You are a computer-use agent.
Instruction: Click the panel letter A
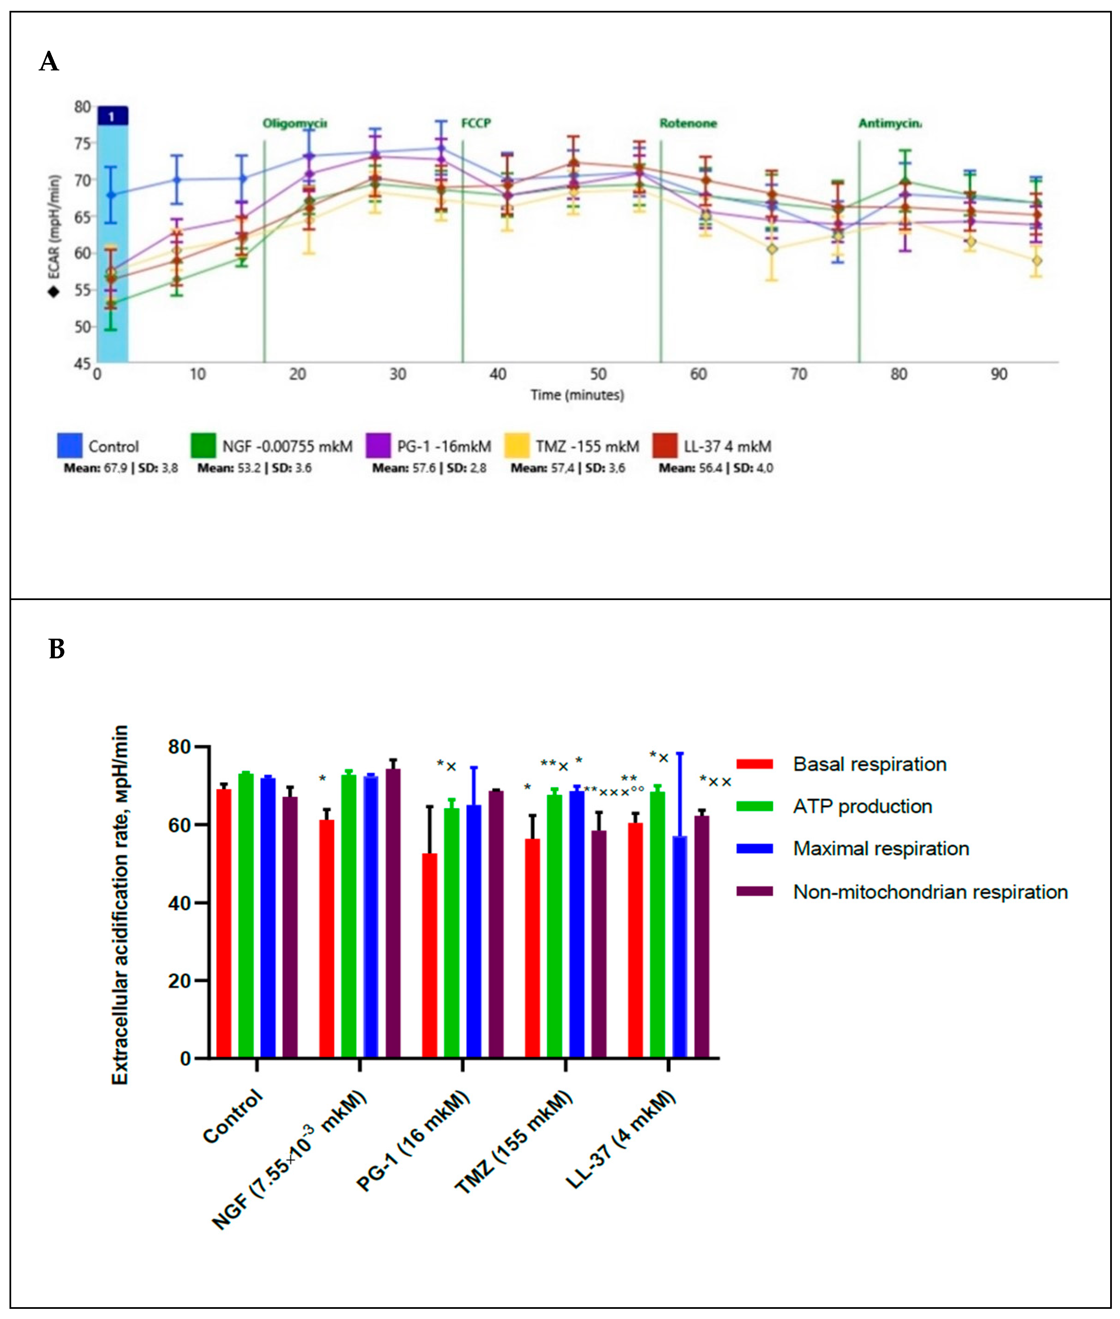coord(49,62)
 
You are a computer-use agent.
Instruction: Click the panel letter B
coord(57,650)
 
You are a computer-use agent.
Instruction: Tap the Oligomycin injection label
coord(295,123)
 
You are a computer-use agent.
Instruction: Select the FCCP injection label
coord(476,123)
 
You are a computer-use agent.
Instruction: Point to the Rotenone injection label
coord(688,123)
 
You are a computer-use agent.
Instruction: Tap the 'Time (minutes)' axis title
coord(577,395)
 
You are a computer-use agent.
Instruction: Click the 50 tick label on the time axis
coord(598,375)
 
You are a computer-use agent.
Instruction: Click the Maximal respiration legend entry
coord(880,849)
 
